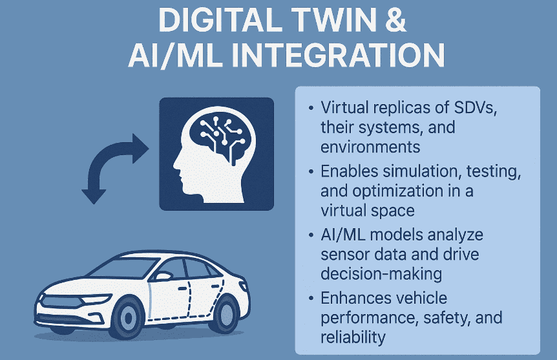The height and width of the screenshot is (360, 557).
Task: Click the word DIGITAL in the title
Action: (x=209, y=21)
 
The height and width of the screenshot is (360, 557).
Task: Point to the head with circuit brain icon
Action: (x=216, y=153)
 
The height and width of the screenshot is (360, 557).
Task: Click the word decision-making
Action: (x=381, y=273)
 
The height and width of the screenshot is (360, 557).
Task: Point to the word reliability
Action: (x=353, y=337)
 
